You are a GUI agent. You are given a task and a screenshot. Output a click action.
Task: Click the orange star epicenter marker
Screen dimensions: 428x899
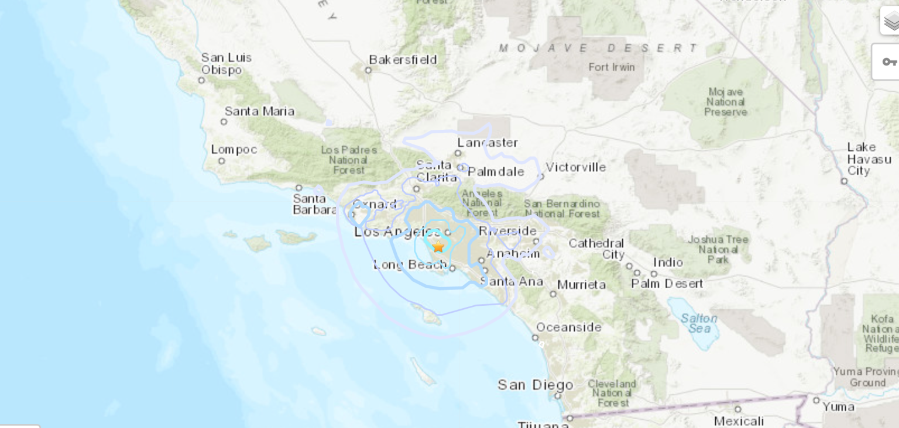coord(438,246)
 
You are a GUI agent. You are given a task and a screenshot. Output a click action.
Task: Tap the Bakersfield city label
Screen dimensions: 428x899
coord(403,60)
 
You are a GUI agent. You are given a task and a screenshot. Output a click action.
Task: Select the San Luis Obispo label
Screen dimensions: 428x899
coord(226,64)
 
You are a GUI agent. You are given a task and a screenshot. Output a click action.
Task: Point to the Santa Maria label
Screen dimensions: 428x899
coord(259,111)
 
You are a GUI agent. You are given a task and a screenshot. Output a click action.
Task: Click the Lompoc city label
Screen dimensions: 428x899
coord(234,150)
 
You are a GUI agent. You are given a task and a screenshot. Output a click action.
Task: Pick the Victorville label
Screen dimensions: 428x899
coord(575,167)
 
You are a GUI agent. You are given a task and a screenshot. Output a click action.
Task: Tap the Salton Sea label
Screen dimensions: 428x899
coord(699,323)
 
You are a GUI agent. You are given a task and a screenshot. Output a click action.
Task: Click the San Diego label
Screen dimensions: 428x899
coord(536,385)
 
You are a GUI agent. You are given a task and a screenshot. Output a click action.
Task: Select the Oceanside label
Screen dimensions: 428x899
coord(568,327)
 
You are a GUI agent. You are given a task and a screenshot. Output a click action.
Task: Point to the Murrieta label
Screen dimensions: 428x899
coord(581,285)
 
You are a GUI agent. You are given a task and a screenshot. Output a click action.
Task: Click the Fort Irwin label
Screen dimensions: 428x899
coord(612,67)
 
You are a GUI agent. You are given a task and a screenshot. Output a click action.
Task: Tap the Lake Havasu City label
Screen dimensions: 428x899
coord(869,159)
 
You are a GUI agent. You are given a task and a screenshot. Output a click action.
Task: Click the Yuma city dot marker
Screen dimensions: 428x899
coord(816,400)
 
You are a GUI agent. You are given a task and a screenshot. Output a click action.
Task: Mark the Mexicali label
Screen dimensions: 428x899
coord(739,421)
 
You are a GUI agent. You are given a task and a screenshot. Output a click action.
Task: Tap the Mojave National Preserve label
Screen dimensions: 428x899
coord(725,102)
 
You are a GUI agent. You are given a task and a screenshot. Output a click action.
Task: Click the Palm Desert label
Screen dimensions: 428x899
coord(667,284)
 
